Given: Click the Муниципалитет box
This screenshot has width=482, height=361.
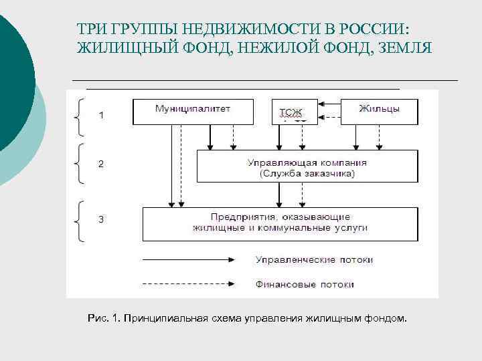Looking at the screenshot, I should click(193, 112).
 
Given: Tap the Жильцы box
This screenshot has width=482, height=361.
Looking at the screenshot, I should click(380, 112).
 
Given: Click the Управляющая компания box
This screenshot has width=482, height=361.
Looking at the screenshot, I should click(307, 167).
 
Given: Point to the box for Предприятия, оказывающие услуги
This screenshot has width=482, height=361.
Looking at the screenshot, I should click(280, 224).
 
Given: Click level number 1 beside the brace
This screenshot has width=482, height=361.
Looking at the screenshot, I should click(101, 115).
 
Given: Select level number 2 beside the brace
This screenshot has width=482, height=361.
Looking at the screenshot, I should click(101, 164).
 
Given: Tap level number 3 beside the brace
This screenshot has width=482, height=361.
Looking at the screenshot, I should click(101, 219).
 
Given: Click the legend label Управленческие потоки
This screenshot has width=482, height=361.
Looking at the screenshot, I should click(314, 259).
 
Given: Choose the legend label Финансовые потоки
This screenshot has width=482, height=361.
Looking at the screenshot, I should click(305, 284).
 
